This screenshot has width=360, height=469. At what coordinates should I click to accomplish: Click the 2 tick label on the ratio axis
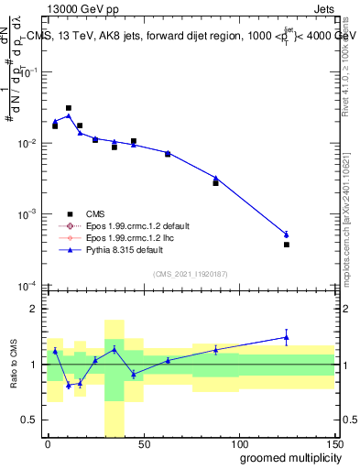click(36, 309)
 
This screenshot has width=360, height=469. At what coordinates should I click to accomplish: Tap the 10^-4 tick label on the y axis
click(28, 285)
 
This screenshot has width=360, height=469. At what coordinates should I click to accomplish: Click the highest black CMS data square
click(69, 108)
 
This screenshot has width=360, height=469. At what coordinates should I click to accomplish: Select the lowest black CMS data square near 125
click(287, 245)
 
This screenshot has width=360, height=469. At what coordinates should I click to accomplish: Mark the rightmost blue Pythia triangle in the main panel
click(287, 234)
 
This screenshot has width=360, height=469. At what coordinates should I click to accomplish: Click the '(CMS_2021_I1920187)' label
click(190, 273)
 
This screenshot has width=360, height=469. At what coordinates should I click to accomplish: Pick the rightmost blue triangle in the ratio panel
click(287, 337)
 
